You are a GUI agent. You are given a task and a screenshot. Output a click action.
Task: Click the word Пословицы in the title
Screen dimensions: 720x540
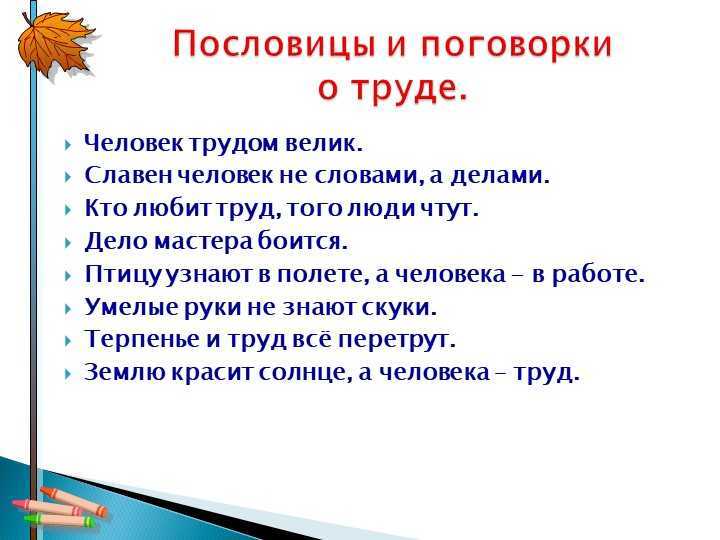pos(273,46)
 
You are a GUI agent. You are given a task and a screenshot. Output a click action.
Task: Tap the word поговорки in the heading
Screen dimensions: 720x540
pos(516,45)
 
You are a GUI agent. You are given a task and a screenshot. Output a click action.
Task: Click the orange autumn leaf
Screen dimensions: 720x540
pos(54,45)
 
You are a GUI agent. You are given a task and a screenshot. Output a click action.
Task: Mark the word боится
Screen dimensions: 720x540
pos(302,241)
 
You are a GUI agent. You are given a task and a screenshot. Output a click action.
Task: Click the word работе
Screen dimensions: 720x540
pos(598,274)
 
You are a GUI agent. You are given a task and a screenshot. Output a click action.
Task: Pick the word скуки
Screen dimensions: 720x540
pos(399,307)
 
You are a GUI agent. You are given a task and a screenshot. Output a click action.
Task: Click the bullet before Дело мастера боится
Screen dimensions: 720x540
pos(68,242)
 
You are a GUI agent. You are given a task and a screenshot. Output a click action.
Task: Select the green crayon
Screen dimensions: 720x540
pos(60,521)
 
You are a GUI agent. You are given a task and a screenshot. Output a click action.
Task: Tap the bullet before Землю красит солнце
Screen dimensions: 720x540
pos(68,373)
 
